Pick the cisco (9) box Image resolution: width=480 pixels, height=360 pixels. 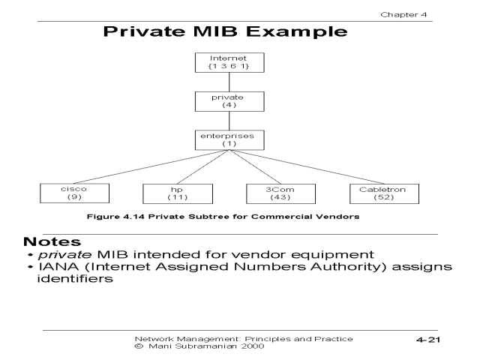68,194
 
